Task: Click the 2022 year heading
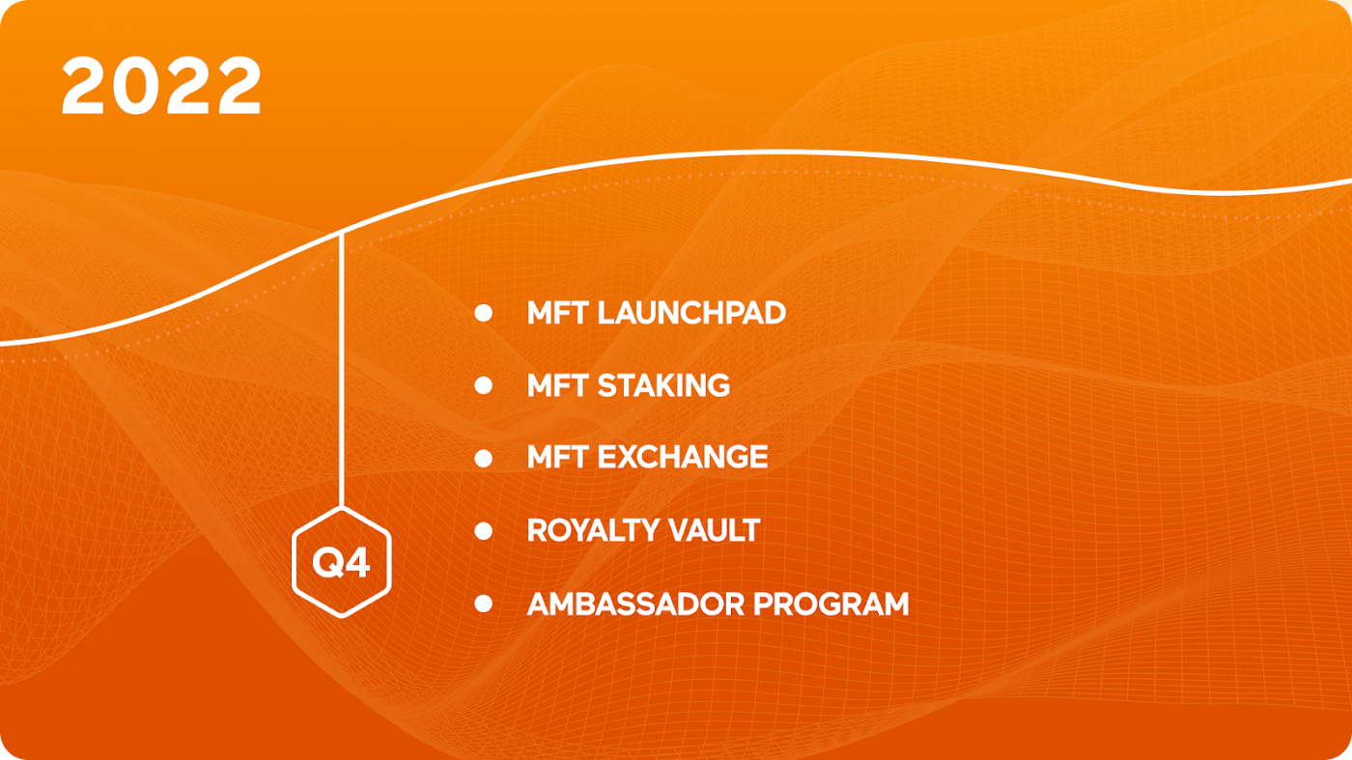(161, 86)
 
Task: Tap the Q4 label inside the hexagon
(341, 564)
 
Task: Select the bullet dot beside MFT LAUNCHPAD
(483, 313)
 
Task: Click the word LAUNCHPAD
(691, 313)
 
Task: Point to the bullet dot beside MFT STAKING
(483, 385)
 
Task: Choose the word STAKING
(663, 385)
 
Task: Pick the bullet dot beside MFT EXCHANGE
(483, 458)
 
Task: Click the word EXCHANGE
(683, 457)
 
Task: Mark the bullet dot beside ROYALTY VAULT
(483, 531)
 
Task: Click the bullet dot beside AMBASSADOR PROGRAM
(483, 604)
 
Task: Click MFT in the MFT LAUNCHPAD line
(557, 313)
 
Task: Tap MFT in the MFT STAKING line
(557, 385)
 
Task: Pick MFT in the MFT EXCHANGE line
(557, 457)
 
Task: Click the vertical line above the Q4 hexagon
(342, 371)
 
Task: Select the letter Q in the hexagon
(327, 564)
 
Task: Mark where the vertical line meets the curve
(342, 233)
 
